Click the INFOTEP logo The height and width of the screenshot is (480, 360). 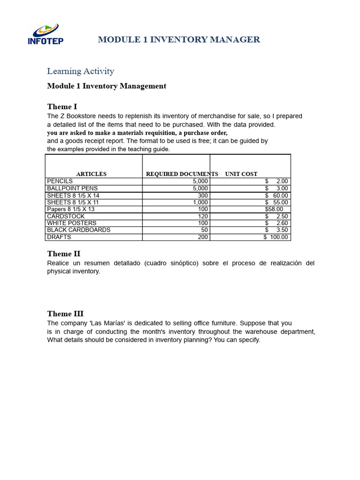coord(45,34)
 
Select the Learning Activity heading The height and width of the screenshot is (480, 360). coord(81,71)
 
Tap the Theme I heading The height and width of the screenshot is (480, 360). coord(62,107)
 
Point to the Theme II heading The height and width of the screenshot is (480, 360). coord(64,254)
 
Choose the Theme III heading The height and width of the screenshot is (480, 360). coord(65,314)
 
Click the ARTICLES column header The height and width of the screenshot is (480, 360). coord(91,174)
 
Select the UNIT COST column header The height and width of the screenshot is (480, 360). coord(241,174)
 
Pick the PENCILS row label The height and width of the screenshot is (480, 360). coord(60,181)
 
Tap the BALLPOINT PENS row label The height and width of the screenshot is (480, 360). coord(72,188)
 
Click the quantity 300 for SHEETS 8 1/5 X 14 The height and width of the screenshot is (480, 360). coord(202,195)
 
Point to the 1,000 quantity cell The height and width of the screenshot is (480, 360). coord(200,202)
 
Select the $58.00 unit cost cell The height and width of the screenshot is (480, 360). coord(274,209)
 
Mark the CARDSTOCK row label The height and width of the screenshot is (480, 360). coord(66,216)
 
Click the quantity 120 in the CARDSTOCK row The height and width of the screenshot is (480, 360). coord(202,216)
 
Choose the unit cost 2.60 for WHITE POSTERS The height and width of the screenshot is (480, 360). coord(282,223)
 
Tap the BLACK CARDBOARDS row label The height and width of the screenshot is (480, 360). coord(79,230)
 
